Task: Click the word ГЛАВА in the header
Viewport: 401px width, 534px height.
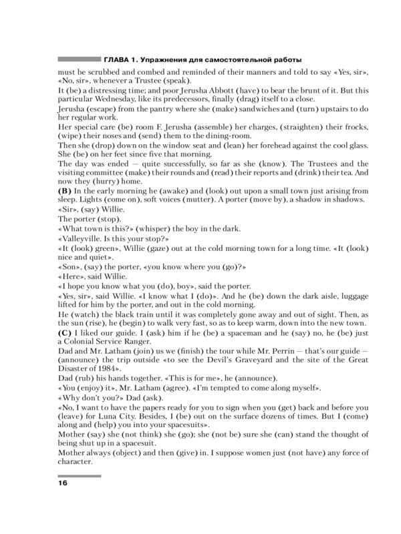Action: pyautogui.click(x=118, y=58)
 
